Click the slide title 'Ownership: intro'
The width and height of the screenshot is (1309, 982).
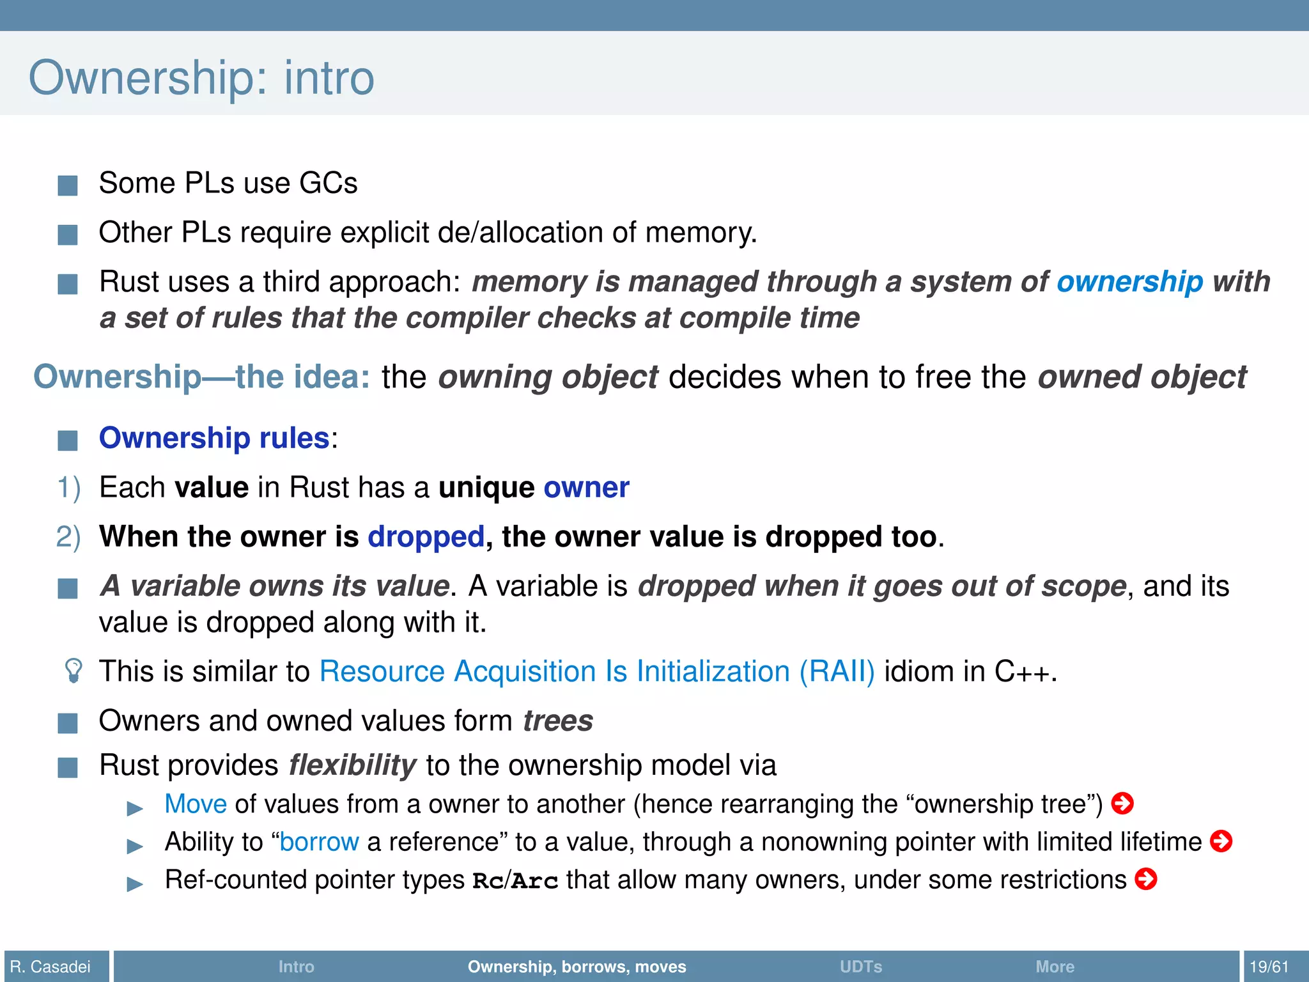201,78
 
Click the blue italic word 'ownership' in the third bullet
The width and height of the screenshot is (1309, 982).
1129,282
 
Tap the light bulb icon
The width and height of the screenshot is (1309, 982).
74,671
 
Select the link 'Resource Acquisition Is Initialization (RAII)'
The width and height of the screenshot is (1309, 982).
597,672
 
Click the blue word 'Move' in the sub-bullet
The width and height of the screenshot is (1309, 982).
196,804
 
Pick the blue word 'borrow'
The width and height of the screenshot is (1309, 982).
319,842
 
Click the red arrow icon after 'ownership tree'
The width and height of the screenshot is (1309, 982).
1122,803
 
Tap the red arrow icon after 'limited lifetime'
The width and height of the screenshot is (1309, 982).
1221,841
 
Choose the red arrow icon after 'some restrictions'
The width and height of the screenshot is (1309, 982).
1145,879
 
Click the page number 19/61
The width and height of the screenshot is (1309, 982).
1269,966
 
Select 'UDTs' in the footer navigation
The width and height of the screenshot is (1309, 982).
861,966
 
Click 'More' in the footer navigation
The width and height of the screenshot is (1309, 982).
1055,966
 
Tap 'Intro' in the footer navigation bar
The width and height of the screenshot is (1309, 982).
296,966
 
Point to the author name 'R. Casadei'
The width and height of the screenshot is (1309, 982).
50,966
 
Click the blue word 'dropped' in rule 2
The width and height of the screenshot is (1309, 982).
426,536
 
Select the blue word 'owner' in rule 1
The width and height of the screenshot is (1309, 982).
586,488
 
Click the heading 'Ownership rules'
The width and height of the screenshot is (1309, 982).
214,439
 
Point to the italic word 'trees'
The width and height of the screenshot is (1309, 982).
558,721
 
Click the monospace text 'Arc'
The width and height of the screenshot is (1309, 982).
535,881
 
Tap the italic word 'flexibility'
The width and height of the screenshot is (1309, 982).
352,765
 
